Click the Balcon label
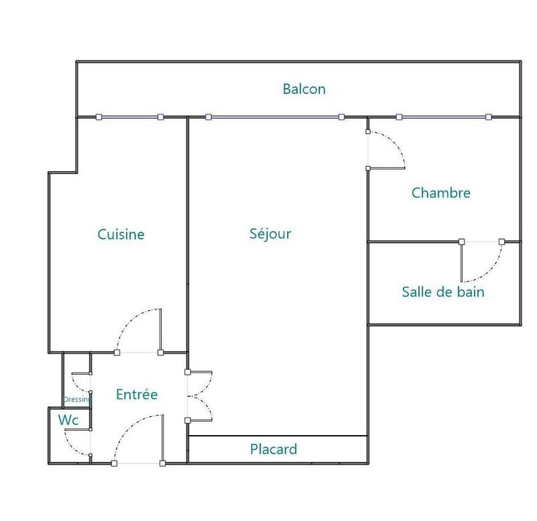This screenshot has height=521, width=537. pyautogui.click(x=304, y=89)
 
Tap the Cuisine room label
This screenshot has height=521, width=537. pyautogui.click(x=121, y=234)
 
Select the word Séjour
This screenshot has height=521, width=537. pyautogui.click(x=271, y=234)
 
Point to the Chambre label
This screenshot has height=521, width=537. pyautogui.click(x=441, y=193)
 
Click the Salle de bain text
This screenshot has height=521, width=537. pyautogui.click(x=443, y=292)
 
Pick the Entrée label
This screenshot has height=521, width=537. pyautogui.click(x=137, y=394)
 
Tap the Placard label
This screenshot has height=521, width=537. pyautogui.click(x=274, y=449)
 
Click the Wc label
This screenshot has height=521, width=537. pyautogui.click(x=68, y=420)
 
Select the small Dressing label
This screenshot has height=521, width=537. pyautogui.click(x=77, y=399)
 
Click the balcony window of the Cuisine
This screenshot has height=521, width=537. pyautogui.click(x=130, y=117)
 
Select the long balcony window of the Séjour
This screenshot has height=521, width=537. pyautogui.click(x=275, y=117)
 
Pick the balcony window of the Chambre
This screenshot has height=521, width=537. pyautogui.click(x=444, y=117)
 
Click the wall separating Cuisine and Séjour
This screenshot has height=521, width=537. pyautogui.click(x=187, y=235)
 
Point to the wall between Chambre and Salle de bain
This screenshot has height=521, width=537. pyautogui.click(x=413, y=241)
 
